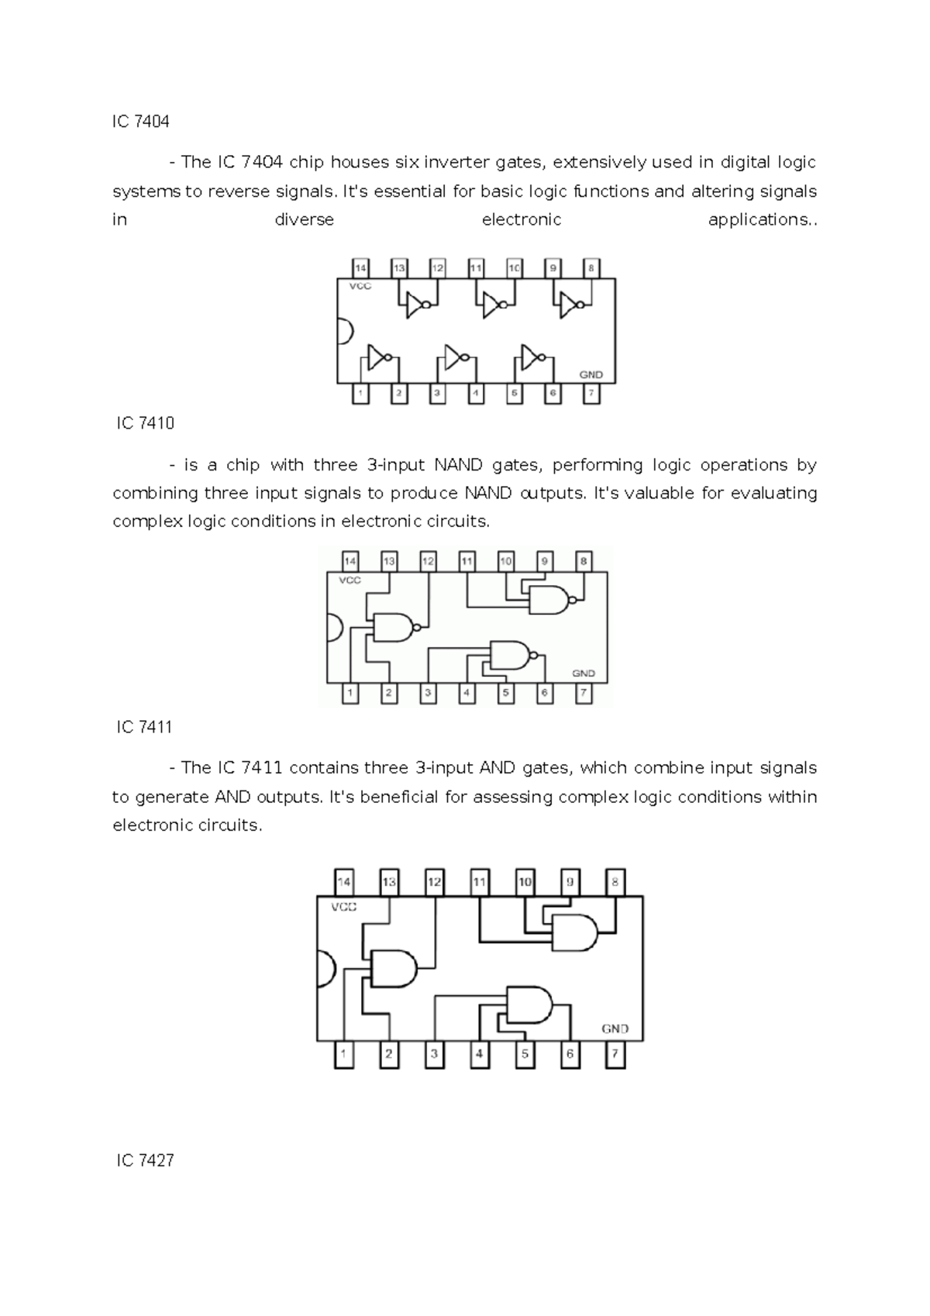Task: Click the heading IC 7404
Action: pos(140,122)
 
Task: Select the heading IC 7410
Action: pos(145,423)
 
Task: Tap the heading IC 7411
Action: pos(144,727)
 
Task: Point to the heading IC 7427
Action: pos(145,1160)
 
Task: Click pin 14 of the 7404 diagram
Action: pos(360,268)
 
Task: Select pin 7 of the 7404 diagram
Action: pos(591,393)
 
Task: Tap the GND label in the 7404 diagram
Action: pos(591,374)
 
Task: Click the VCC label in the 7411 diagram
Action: pos(344,907)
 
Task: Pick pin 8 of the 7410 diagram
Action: pos(584,561)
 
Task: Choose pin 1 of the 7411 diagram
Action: pos(343,1054)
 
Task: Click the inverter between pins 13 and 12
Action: pos(418,305)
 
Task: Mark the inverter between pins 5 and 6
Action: pos(534,357)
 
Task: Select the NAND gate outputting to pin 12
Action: pos(396,627)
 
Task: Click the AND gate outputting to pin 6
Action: pos(530,1005)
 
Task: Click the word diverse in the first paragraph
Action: pos(304,220)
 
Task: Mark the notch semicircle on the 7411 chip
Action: pos(325,970)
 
